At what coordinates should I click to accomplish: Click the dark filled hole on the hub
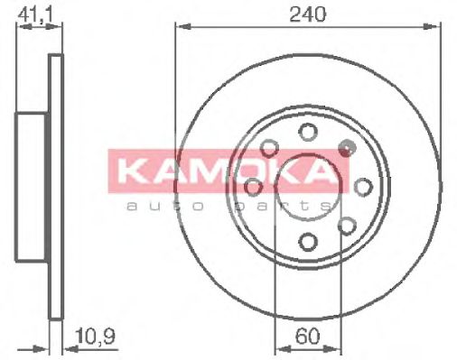click(343, 146)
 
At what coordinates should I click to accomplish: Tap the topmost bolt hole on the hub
click(309, 133)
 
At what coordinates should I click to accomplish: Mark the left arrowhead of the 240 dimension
click(179, 27)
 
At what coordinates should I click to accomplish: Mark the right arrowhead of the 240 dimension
click(440, 27)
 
